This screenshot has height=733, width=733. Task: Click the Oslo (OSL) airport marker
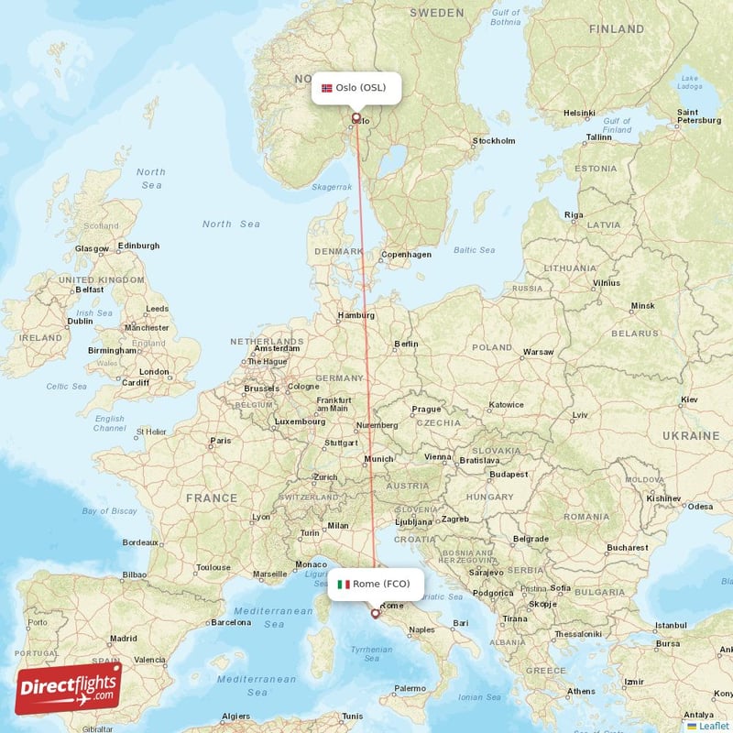point(356,116)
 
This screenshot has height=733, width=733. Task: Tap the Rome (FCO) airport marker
point(374,613)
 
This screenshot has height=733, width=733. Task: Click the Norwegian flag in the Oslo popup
point(327,88)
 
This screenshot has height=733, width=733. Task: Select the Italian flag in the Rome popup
point(344,584)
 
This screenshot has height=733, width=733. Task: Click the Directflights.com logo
point(68,688)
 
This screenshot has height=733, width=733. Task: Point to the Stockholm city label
point(494,141)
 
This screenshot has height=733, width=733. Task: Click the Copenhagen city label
point(406,255)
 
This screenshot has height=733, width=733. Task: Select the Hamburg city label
point(356,315)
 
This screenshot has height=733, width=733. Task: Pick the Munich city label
point(378,459)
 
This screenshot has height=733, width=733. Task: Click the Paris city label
point(221,441)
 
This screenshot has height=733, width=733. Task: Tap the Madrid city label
point(123,639)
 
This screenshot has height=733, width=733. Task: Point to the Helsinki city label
point(579,113)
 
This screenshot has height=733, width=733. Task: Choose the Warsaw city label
point(538,352)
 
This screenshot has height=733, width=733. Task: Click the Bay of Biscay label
point(109,511)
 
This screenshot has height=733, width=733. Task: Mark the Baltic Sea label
point(474,249)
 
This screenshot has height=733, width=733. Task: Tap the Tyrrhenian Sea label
point(372,652)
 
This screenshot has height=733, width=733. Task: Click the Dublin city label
point(80,322)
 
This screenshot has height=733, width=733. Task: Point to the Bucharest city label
point(627,548)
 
